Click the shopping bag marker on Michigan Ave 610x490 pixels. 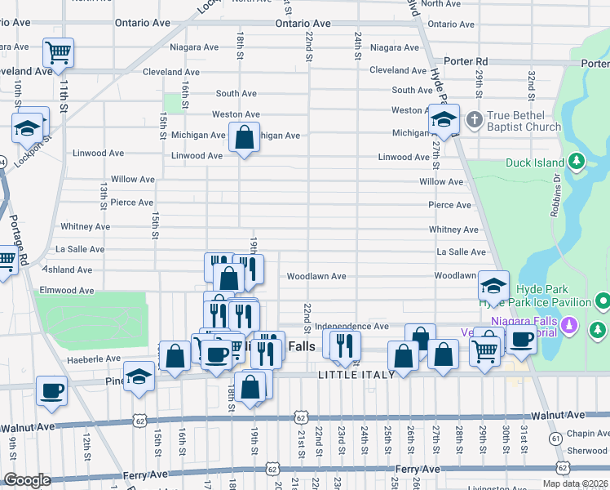(x=244, y=138)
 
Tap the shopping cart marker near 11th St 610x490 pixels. (x=58, y=53)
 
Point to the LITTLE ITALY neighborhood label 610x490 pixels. (x=356, y=375)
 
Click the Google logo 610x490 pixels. (x=27, y=480)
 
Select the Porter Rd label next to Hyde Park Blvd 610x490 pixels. (x=465, y=62)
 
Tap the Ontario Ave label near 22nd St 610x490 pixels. (x=303, y=24)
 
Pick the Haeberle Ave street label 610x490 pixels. (x=71, y=359)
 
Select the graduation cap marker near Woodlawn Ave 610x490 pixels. (x=493, y=287)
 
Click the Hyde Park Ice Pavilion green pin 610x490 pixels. (x=602, y=302)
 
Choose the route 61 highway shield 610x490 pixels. (x=555, y=439)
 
